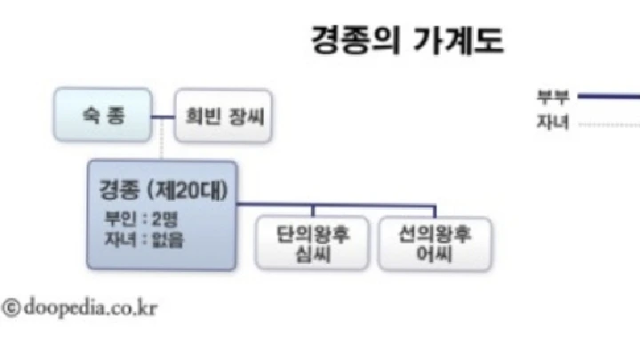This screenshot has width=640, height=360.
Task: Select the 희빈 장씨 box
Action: click(x=220, y=116)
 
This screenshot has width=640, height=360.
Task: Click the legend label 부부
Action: click(x=552, y=97)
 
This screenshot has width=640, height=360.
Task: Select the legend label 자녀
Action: click(x=552, y=124)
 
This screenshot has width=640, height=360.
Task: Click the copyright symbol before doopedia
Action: click(x=12, y=308)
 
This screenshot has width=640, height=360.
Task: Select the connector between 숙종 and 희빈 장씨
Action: click(x=162, y=116)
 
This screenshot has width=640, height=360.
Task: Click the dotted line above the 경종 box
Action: click(x=162, y=149)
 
